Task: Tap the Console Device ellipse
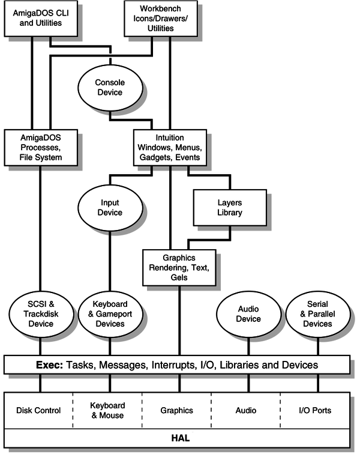[109, 87]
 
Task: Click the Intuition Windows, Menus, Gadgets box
[169, 148]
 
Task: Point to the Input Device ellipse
[109, 207]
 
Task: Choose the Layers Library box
[229, 207]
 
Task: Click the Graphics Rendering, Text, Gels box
[178, 267]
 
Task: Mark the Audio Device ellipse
[248, 314]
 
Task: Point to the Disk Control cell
[39, 411]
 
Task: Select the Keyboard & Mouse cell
[107, 411]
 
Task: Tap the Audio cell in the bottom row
[245, 411]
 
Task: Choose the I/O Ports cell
[314, 411]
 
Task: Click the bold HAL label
[177, 440]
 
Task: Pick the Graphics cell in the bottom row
[176, 411]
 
